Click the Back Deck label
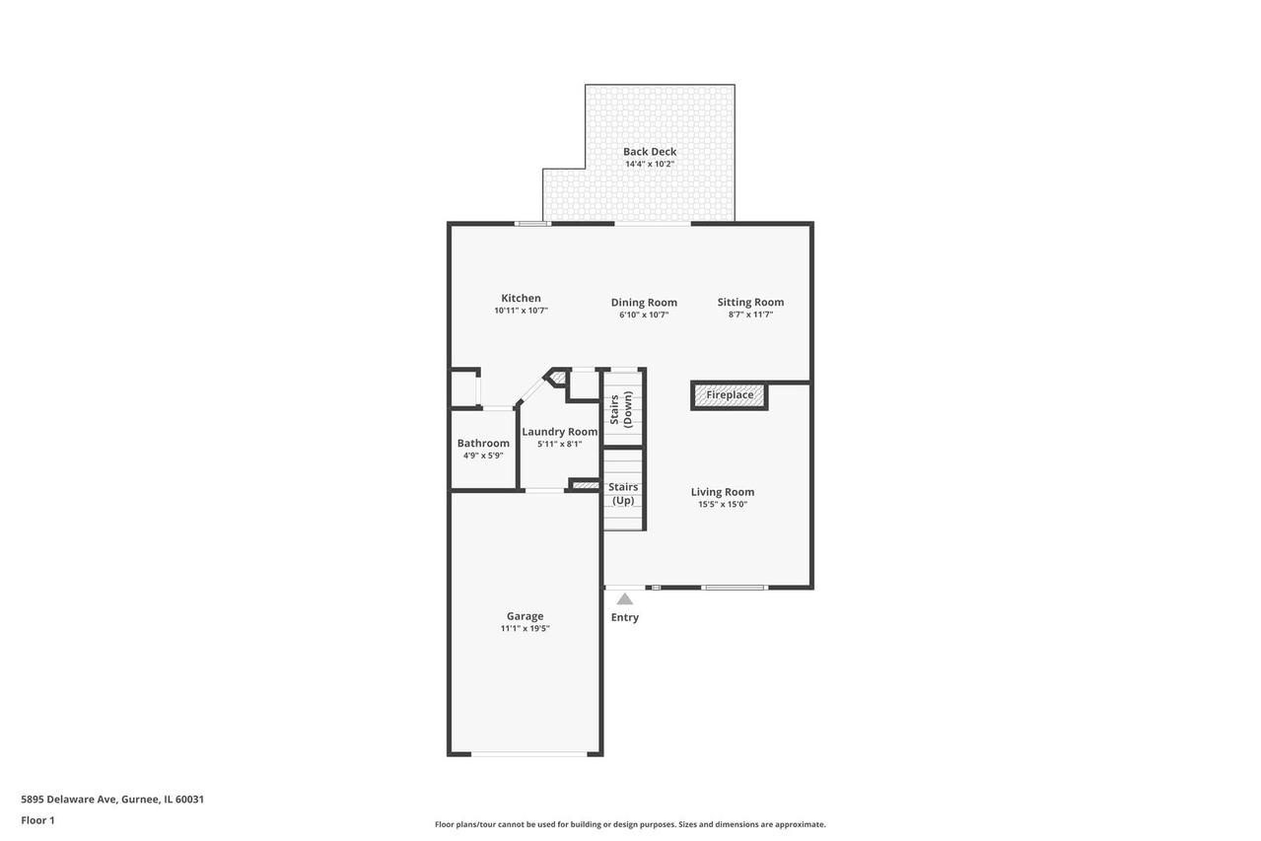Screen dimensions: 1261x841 click(x=650, y=152)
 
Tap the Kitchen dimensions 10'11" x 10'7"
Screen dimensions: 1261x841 click(x=521, y=311)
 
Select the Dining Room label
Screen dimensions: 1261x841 click(x=644, y=303)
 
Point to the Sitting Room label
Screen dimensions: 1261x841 click(x=750, y=303)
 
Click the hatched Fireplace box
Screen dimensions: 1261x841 click(x=730, y=395)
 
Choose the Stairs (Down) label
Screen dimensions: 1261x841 click(x=621, y=409)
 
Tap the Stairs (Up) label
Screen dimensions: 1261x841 click(x=623, y=494)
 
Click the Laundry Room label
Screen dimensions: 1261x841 click(x=560, y=432)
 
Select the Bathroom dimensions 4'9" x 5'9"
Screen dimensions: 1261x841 click(x=483, y=456)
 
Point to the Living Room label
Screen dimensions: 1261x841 click(x=723, y=492)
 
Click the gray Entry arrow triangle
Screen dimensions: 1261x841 click(x=624, y=598)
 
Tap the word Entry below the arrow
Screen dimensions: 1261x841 click(x=625, y=617)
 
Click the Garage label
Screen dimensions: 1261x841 click(x=525, y=616)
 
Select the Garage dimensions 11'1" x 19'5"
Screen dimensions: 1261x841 click(x=525, y=629)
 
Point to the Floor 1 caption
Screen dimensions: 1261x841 click(x=37, y=820)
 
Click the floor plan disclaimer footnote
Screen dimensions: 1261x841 click(x=630, y=824)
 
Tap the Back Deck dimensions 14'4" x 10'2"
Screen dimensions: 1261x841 click(x=650, y=165)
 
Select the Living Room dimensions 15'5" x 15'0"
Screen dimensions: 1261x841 click(x=723, y=505)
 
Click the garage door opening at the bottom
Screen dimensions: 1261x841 click(x=529, y=754)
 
